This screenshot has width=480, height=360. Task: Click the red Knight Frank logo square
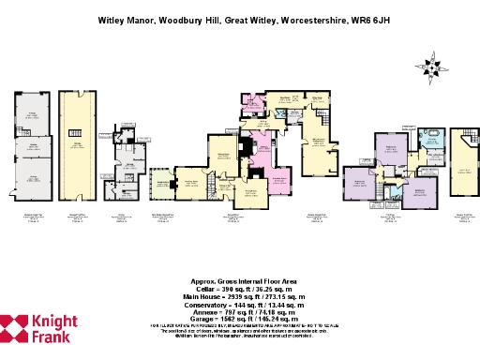click(x=14, y=328)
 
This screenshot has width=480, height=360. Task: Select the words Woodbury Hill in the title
click(x=184, y=18)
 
